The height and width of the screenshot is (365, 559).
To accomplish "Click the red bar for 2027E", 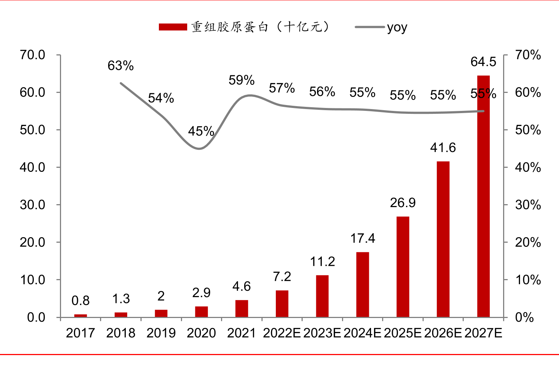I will tap(483, 196).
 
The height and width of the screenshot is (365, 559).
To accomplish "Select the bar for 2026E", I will tap(443, 239).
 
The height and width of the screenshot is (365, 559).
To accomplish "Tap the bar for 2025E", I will tap(403, 267).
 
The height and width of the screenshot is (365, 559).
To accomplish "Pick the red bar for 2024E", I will tap(363, 284).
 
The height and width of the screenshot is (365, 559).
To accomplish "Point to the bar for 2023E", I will tap(322, 296).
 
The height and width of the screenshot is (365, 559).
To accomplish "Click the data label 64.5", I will tap(483, 62).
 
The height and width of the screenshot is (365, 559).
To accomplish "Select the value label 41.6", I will tap(443, 148).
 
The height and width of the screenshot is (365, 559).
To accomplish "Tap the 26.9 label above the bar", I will tap(403, 203).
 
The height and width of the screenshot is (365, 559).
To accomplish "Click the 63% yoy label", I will tap(121, 66).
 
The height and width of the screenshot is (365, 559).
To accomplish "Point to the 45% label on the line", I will tap(201, 131).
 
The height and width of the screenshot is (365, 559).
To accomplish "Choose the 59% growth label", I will tap(242, 80).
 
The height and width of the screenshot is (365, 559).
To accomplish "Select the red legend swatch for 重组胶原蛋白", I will tap(173, 27).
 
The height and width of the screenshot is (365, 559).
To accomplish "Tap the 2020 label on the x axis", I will tap(201, 333).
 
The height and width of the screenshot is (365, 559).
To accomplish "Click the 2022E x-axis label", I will tap(282, 333).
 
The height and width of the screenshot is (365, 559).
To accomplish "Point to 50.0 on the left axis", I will tap(32, 130).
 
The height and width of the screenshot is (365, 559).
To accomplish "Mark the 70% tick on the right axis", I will tap(528, 55).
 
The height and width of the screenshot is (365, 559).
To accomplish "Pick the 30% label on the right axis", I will tap(528, 205).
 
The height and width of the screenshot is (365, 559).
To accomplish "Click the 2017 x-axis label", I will tap(81, 333).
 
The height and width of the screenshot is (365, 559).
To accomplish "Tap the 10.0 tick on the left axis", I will tap(32, 280).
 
